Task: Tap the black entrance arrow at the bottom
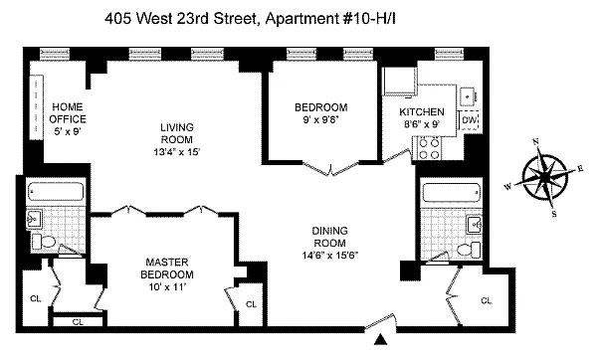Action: tap(380, 339)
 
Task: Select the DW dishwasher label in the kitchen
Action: tap(469, 120)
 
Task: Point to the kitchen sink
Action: tap(469, 96)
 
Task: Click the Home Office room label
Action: tap(68, 112)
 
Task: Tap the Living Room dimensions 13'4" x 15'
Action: tap(177, 152)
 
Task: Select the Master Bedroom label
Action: tap(167, 268)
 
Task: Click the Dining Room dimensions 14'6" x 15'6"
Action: tap(330, 255)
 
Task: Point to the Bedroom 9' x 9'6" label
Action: tap(321, 113)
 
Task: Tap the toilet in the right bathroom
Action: tap(469, 250)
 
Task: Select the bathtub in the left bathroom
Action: tap(56, 192)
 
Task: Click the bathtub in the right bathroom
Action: tap(452, 193)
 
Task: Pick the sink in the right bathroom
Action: tap(475, 225)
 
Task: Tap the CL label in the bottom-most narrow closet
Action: tap(78, 322)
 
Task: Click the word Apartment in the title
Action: tap(300, 18)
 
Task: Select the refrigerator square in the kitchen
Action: tap(400, 81)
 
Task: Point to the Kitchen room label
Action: tap(422, 112)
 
